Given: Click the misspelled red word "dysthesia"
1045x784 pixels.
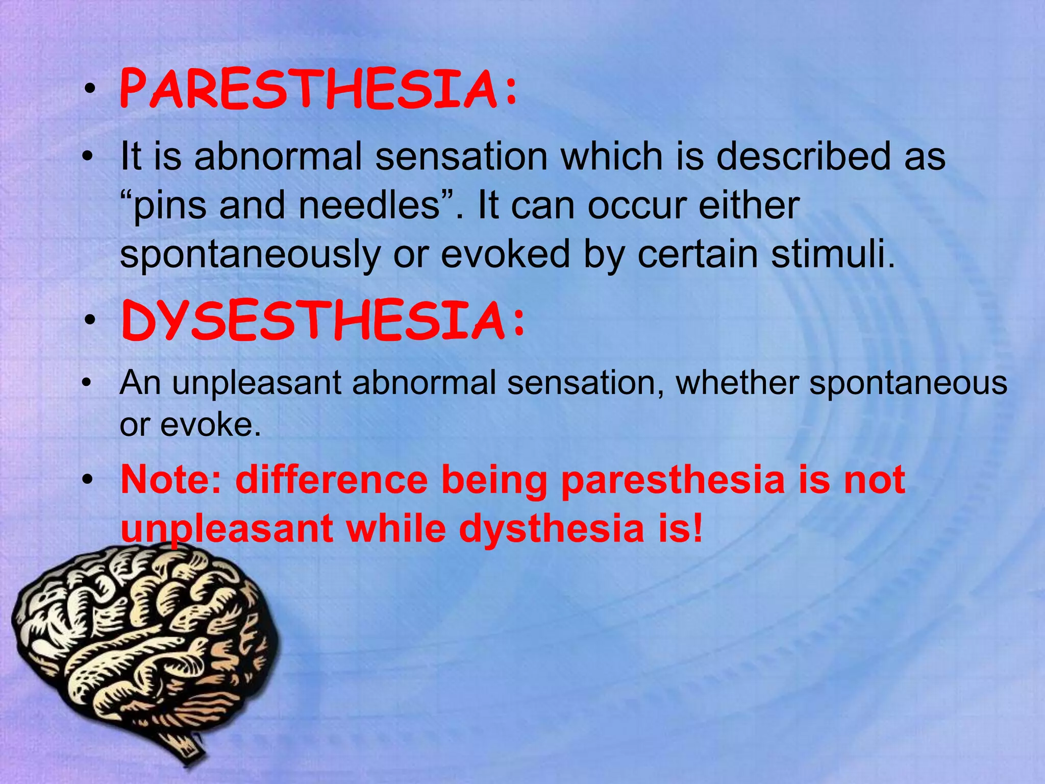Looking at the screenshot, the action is tap(552, 529).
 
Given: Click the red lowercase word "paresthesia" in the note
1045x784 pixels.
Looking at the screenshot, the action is tap(673, 480).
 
